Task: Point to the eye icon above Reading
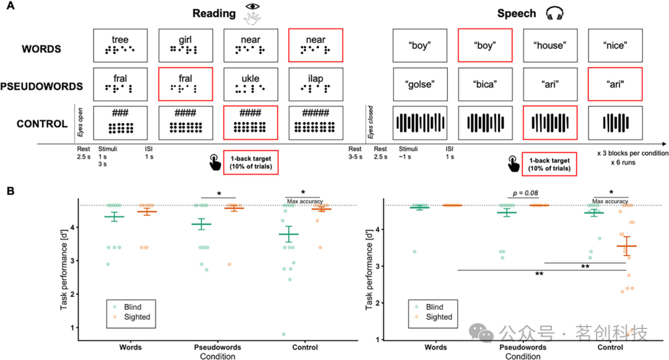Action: point(252,7)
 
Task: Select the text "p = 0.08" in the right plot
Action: point(521,194)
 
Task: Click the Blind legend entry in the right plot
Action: point(433,307)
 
